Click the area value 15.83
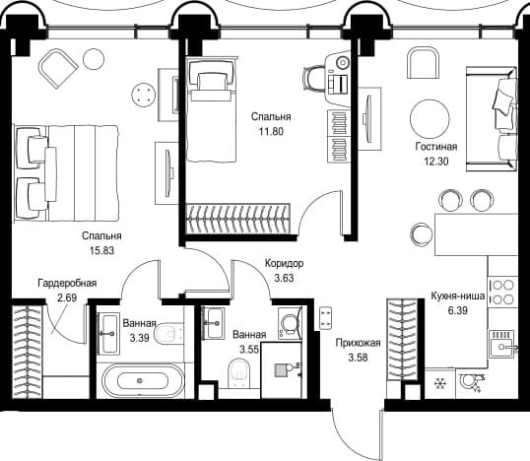[101, 251]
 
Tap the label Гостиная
[436, 147]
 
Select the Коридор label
[285, 263]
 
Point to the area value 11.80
[271, 131]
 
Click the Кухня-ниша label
[458, 296]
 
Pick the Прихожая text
[358, 343]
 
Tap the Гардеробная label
[67, 283]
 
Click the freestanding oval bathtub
[143, 381]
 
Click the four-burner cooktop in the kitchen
[503, 292]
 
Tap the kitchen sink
[502, 345]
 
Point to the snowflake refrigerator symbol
[439, 383]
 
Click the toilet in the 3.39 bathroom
[168, 334]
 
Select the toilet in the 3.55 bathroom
[238, 371]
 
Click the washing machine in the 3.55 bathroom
[290, 323]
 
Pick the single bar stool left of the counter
[422, 233]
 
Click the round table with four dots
[144, 95]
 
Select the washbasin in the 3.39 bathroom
[108, 334]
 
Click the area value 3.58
[358, 358]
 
